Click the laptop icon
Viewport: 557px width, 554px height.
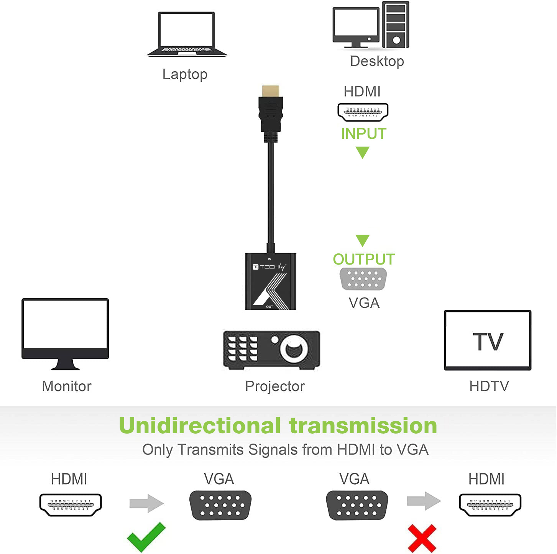click(187, 35)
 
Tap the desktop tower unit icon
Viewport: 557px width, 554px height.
click(396, 25)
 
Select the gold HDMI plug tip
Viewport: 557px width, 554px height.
click(271, 91)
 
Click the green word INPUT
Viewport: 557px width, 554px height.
click(363, 133)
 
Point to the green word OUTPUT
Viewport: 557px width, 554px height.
click(363, 259)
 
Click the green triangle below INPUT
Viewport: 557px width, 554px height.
click(362, 152)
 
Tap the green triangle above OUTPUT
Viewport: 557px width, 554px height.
click(362, 240)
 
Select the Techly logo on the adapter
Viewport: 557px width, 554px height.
click(269, 267)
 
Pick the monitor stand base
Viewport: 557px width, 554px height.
click(65, 366)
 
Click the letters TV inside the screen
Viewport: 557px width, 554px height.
click(488, 342)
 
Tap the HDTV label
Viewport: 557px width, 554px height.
click(489, 386)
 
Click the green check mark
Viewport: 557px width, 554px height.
click(146, 537)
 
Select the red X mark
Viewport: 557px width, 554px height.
click(422, 538)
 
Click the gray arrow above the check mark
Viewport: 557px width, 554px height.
click(146, 503)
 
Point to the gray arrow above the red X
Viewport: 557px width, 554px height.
click(424, 501)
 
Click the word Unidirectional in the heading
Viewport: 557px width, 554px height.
click(200, 426)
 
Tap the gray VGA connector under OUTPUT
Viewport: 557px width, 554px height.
click(363, 278)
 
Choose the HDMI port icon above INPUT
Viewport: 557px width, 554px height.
click(363, 112)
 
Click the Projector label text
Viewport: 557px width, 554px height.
click(275, 386)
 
